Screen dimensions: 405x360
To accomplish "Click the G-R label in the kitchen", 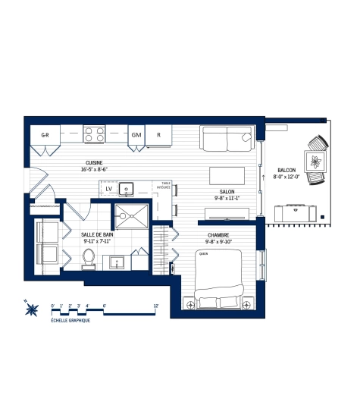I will click(x=45, y=135).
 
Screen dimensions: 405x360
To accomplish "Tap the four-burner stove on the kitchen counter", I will click(x=94, y=134).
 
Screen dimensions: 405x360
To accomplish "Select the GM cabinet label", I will click(x=136, y=135).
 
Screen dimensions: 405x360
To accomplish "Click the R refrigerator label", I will click(x=158, y=135).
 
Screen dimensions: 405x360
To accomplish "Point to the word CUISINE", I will click(x=95, y=163).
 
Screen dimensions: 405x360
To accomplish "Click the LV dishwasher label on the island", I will click(x=109, y=189).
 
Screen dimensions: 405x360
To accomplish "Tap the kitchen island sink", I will click(x=128, y=189).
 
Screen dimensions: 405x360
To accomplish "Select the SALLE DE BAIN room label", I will click(x=98, y=235).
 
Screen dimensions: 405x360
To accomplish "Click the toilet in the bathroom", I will click(x=88, y=257).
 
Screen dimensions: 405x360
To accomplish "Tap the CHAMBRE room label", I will click(x=218, y=235).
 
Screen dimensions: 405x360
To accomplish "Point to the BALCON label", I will click(x=287, y=170).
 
